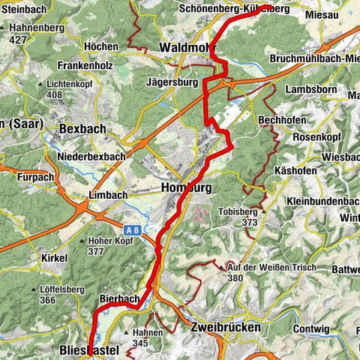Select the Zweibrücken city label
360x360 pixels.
[x=226, y=328]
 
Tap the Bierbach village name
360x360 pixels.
[x=119, y=298]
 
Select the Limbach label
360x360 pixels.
[x=108, y=194]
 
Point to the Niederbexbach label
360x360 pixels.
[x=90, y=156]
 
